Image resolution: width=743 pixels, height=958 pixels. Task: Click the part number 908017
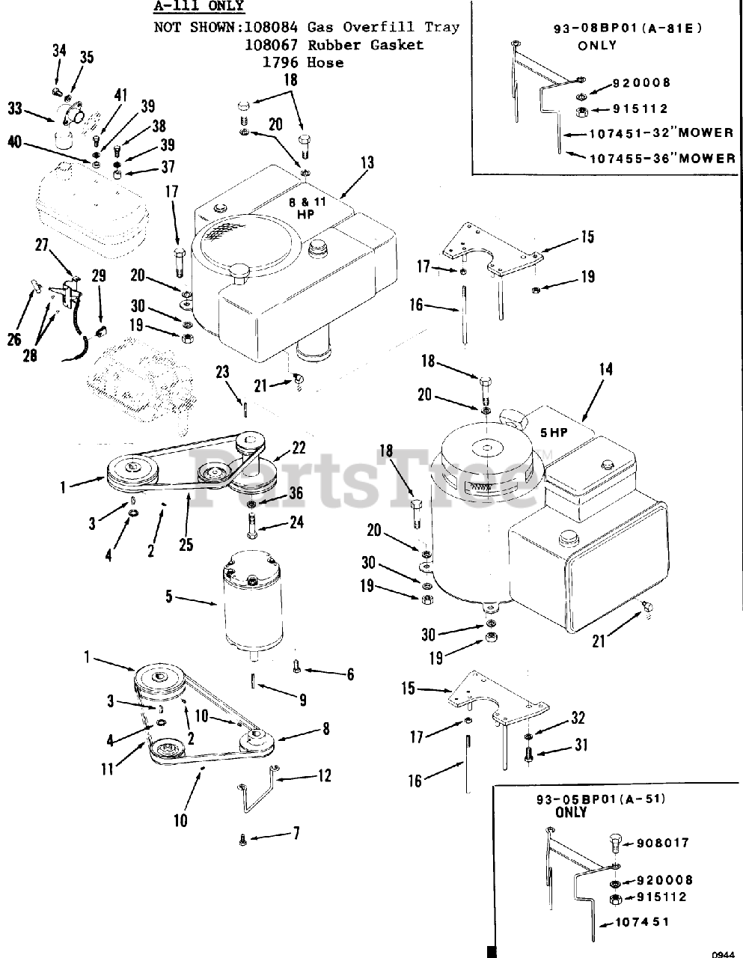tap(662, 843)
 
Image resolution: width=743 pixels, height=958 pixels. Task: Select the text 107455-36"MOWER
tap(661, 158)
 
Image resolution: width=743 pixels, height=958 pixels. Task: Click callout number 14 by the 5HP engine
tap(605, 369)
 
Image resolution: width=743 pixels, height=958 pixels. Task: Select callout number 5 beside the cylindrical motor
tap(168, 597)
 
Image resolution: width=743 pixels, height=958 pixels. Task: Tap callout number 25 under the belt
tap(186, 545)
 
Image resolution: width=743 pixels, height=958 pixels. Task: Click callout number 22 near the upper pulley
tap(299, 448)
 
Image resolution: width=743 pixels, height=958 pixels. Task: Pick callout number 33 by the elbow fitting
tap(15, 108)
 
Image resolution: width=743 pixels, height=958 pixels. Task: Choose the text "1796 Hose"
tap(302, 63)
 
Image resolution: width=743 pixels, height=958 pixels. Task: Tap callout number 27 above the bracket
tap(42, 245)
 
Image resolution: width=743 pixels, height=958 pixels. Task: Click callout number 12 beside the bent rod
tap(323, 776)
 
